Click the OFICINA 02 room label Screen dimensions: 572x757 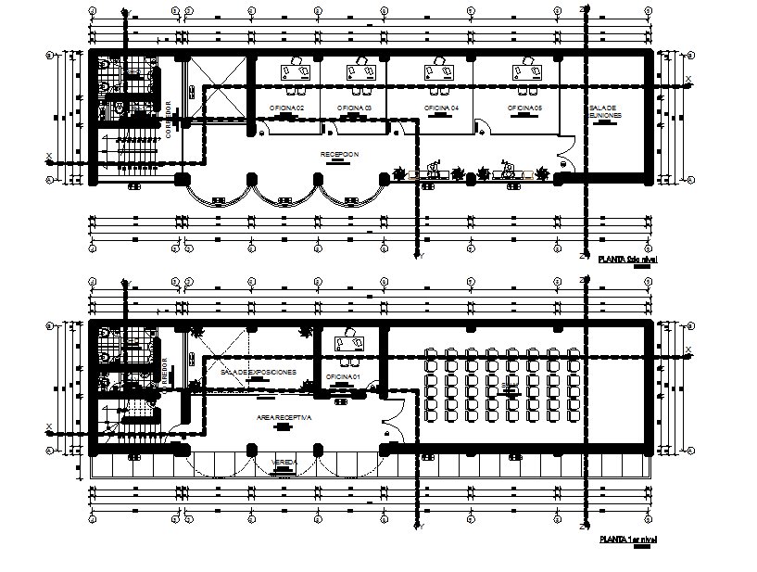point(286,108)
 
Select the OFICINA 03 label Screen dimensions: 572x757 point(354,108)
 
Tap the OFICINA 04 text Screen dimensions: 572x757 point(442,108)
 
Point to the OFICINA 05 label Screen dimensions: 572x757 point(524,108)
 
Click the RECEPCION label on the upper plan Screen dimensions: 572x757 point(340,154)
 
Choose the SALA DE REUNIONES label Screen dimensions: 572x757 point(604,112)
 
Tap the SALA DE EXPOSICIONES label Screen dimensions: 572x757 point(259,372)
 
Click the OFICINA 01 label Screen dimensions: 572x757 point(344,376)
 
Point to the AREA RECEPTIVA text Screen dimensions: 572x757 point(284,419)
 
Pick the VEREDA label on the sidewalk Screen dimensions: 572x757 point(284,462)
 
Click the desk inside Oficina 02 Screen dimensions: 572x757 point(297,70)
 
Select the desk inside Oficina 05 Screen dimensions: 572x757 point(527,70)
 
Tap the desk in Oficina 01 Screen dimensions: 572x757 point(350,343)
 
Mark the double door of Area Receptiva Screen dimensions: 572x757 point(393,420)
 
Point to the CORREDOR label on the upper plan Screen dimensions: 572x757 point(169,119)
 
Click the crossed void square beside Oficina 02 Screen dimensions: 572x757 point(219,88)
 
